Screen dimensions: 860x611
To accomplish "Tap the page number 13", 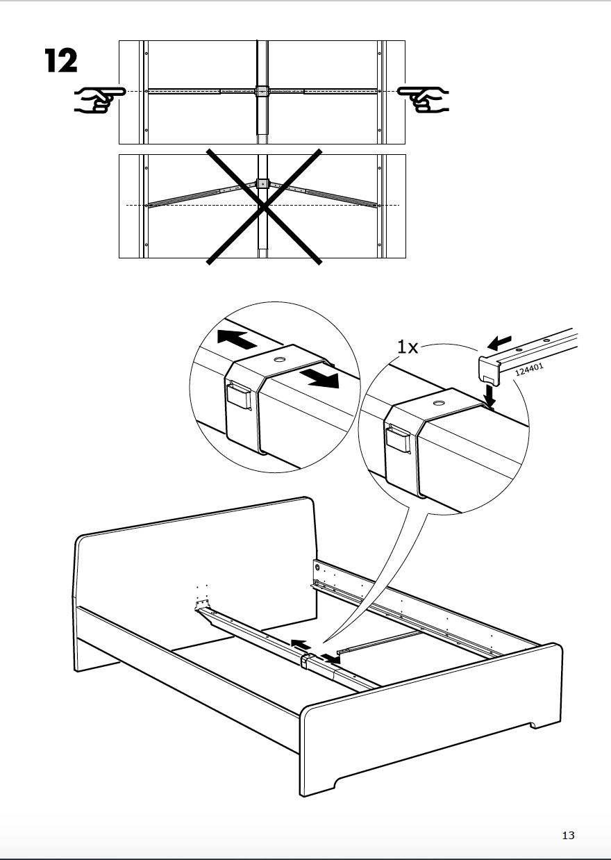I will point(568,836).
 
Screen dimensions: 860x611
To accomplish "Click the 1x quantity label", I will point(408,347).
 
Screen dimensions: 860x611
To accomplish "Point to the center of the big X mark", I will point(263,206).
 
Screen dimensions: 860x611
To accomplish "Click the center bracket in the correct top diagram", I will point(262,91).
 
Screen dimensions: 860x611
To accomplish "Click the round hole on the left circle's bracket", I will point(281,360).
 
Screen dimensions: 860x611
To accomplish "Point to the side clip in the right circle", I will point(398,440).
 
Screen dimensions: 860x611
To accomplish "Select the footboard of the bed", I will point(430,722).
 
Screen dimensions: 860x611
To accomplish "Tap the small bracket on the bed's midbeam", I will point(305,660).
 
